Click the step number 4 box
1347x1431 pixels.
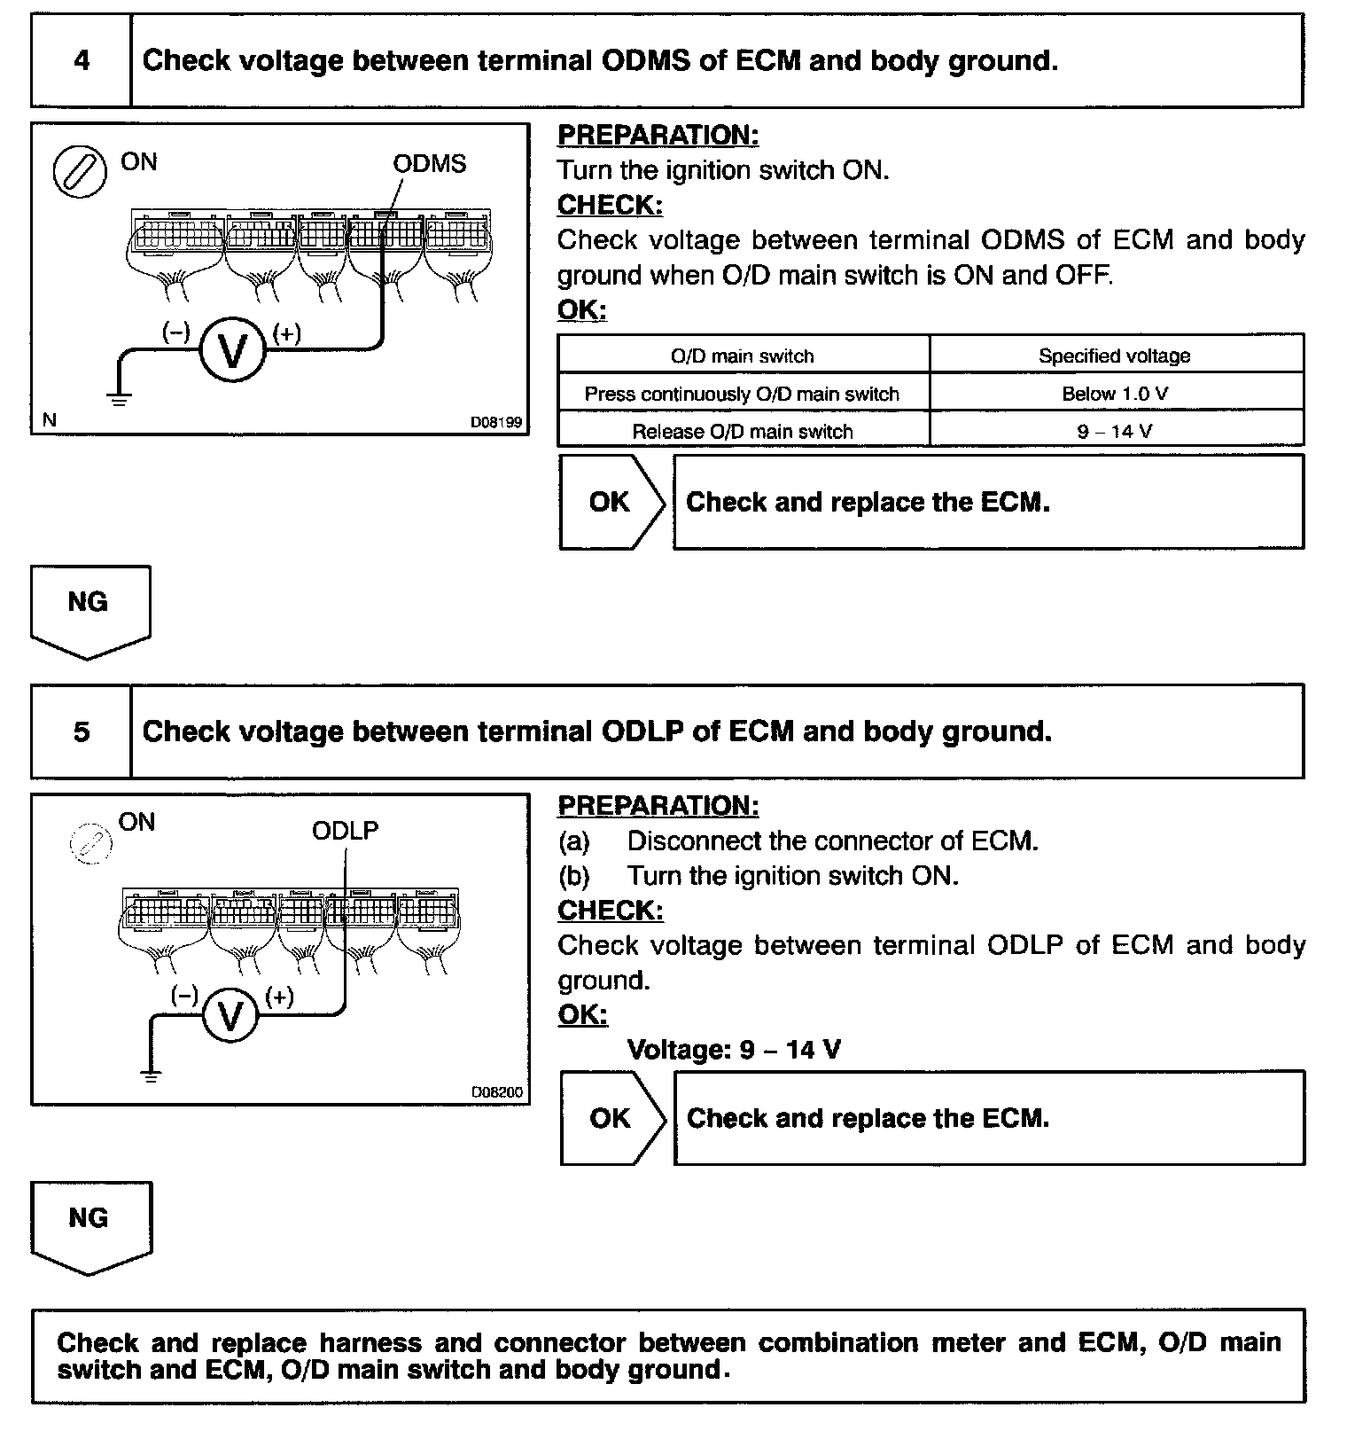[x=81, y=61]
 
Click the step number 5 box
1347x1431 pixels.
[x=81, y=731]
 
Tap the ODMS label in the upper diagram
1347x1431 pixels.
[x=429, y=164]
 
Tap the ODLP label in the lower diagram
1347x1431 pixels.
[x=345, y=831]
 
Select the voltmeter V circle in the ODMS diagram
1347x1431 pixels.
[x=232, y=351]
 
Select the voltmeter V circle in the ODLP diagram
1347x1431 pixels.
[x=230, y=1016]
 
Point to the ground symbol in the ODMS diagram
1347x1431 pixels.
[x=120, y=398]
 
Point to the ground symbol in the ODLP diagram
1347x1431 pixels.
[x=152, y=1076]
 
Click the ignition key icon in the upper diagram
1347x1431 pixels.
[x=80, y=171]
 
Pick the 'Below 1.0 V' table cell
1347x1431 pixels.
[x=1115, y=394]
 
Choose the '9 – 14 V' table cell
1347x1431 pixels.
[x=1115, y=432]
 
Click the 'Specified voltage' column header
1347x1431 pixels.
[x=1115, y=356]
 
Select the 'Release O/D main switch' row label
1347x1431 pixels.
[x=743, y=432]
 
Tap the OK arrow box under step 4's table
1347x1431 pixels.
[x=611, y=502]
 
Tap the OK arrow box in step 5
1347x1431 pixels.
[x=611, y=1118]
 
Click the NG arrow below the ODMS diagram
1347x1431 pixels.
[x=89, y=608]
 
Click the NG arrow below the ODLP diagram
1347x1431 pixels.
[x=90, y=1224]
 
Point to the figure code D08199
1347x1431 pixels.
[x=495, y=423]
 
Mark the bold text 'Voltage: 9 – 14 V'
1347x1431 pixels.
[x=734, y=1050]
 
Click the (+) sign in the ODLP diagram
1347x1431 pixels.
[x=280, y=997]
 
